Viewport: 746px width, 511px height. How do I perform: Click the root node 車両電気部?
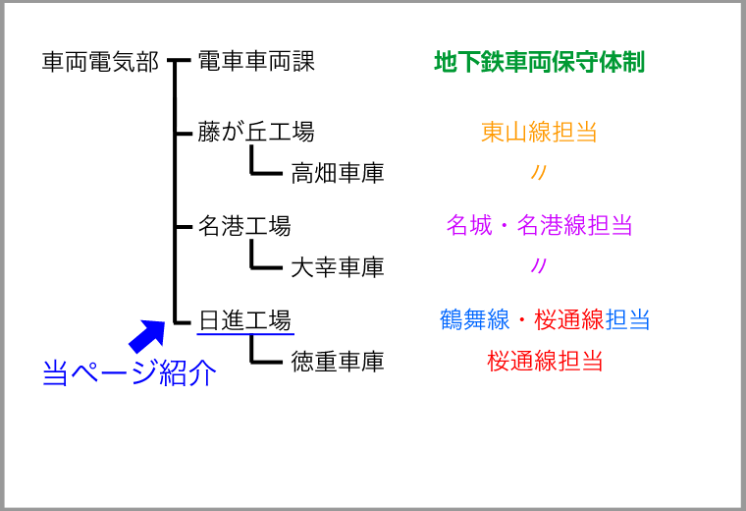pyautogui.click(x=100, y=62)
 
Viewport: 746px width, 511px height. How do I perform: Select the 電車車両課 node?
pyautogui.click(x=256, y=62)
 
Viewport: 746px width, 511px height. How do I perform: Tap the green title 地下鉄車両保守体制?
pyautogui.click(x=540, y=62)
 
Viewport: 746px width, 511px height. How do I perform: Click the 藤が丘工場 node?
pyautogui.click(x=256, y=132)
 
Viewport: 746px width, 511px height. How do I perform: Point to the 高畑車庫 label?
pyautogui.click(x=338, y=173)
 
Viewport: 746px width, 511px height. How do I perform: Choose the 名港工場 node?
pyautogui.click(x=244, y=225)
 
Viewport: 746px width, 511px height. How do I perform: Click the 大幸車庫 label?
pyautogui.click(x=338, y=266)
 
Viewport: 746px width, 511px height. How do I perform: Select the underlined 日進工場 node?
pyautogui.click(x=244, y=319)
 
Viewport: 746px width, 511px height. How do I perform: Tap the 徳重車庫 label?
pyautogui.click(x=338, y=361)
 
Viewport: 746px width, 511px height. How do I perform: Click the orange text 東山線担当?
pyautogui.click(x=539, y=132)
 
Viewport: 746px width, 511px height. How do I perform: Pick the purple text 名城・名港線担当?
pyautogui.click(x=540, y=225)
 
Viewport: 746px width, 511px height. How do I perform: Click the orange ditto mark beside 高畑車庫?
pyautogui.click(x=539, y=172)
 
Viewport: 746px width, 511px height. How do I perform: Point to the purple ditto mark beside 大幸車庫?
pyautogui.click(x=539, y=265)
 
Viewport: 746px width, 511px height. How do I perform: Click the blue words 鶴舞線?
pyautogui.click(x=474, y=319)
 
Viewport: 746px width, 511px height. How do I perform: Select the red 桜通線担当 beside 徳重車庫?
pyautogui.click(x=545, y=361)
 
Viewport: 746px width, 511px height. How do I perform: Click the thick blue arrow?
pyautogui.click(x=147, y=336)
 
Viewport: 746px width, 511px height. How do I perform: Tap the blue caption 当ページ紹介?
pyautogui.click(x=130, y=372)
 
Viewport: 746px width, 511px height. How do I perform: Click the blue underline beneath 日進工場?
pyautogui.click(x=245, y=333)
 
